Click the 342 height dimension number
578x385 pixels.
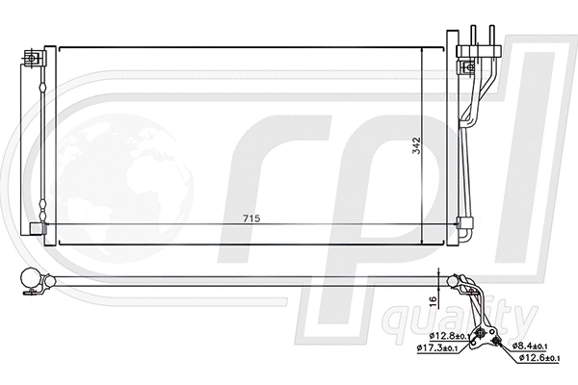416,146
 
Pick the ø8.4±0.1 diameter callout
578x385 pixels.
528,345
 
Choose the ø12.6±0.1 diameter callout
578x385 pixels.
538,358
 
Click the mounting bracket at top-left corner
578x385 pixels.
34,59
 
